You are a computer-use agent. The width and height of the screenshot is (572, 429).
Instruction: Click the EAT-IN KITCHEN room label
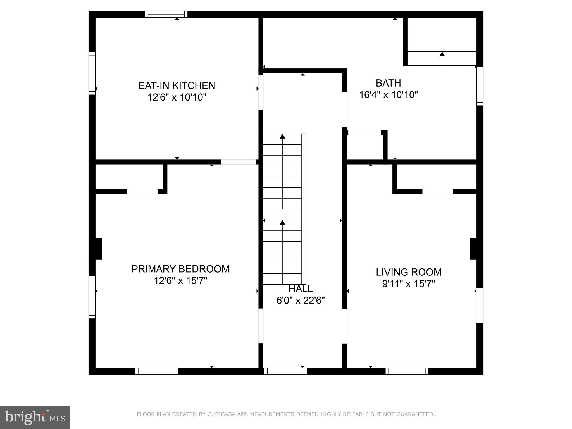177,85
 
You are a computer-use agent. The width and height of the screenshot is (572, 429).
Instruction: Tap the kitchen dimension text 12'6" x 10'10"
177,97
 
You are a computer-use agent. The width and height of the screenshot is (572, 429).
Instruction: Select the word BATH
388,83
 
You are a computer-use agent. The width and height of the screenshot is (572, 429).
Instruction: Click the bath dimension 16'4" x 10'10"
388,95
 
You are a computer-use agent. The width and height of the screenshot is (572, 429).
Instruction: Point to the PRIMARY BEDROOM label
180,269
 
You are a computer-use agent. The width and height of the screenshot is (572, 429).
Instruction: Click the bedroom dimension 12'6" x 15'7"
180,281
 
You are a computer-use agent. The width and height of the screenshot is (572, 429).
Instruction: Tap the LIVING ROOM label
409,272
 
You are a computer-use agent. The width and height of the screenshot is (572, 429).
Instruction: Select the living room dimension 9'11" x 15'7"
409,284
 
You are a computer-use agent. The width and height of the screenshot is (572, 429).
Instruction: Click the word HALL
301,289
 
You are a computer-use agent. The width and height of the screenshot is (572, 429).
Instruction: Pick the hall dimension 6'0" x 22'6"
301,301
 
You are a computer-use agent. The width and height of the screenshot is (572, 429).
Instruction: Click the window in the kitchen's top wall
166,14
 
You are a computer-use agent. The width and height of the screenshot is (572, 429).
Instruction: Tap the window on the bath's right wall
480,86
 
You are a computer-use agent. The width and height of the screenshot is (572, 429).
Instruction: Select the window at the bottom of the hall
286,371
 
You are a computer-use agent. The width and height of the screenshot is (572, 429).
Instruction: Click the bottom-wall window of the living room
407,371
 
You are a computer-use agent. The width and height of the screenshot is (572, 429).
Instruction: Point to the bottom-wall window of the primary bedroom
156,371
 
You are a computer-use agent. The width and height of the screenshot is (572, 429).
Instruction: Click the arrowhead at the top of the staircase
282,136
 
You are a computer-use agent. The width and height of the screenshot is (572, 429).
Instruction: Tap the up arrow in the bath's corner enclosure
442,54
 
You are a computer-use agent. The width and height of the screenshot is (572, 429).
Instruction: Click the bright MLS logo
35,417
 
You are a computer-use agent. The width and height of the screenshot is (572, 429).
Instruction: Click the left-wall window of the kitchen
92,73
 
